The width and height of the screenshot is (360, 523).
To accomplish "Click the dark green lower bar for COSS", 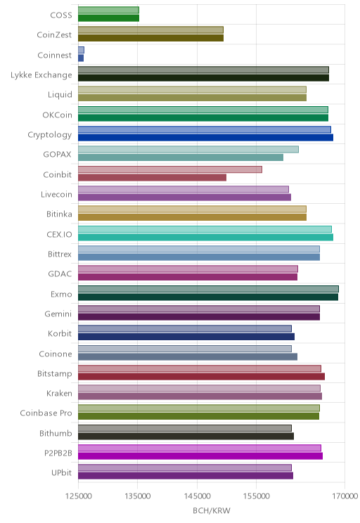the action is coord(108,18).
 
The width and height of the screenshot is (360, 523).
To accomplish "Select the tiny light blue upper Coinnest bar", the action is coord(81,50).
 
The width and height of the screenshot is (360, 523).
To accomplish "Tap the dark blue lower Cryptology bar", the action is coord(205,137).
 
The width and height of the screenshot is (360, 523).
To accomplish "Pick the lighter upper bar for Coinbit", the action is coord(170,169).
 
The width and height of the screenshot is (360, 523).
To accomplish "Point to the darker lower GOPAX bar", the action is coord(181,157).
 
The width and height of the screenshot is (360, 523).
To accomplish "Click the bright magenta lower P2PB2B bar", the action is coord(200,456).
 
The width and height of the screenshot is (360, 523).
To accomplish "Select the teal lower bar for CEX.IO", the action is coord(205,237).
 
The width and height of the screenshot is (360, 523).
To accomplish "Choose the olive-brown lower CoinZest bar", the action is coord(150,38).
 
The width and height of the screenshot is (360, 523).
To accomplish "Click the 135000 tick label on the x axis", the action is coord(137,496).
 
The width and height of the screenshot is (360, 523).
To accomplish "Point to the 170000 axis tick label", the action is coord(345,496).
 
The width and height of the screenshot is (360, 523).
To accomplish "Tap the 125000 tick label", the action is coord(79,496).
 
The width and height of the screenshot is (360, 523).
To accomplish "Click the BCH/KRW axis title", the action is coord(212,510).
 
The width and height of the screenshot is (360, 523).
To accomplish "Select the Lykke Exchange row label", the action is coord(41,75).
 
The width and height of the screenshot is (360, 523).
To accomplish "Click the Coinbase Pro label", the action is coord(46,413).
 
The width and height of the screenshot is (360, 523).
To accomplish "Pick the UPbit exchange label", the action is coord(61,472).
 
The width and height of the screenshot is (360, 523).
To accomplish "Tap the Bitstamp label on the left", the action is coord(54,373).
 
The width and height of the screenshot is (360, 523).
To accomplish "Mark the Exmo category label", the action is coord(61,294).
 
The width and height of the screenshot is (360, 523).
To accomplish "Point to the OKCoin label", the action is coord(57,115).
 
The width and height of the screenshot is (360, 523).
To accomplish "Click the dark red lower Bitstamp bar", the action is coord(202,377).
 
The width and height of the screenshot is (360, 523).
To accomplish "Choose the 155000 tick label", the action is coord(256,496).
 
